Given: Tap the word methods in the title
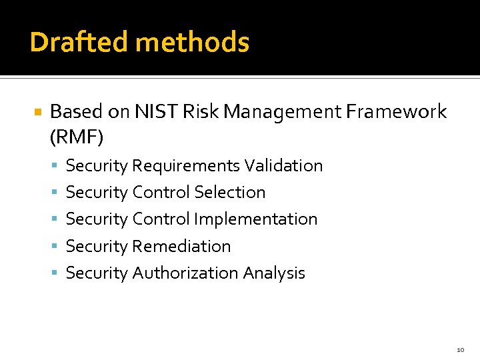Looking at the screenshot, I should point(192,42).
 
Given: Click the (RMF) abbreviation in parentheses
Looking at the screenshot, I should point(76,137).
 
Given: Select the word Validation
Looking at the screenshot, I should point(283,165).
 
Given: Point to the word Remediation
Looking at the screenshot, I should point(181,246).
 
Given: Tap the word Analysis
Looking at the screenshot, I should point(274,273).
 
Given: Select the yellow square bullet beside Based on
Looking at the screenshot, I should point(38,112).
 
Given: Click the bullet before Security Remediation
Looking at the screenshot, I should point(55,247).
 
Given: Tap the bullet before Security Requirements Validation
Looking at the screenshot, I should point(55,166).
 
